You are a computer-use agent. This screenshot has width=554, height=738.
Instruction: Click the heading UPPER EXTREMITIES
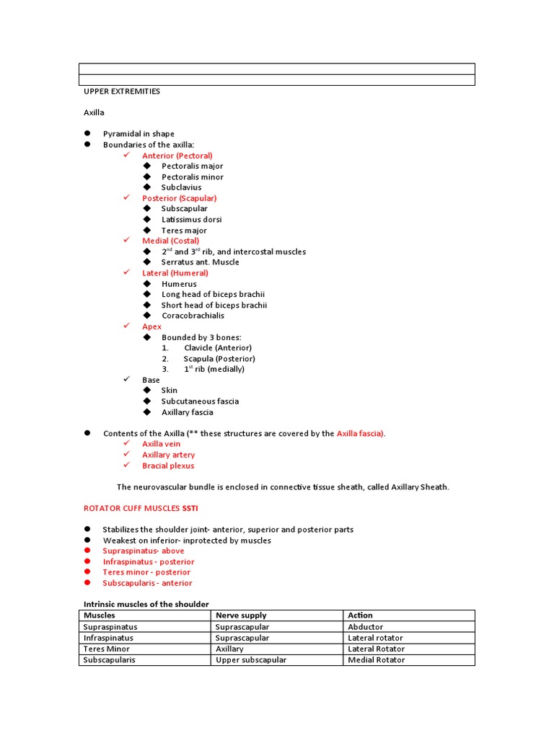pyautogui.click(x=122, y=92)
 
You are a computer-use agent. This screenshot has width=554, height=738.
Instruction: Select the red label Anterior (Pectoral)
pyautogui.click(x=177, y=156)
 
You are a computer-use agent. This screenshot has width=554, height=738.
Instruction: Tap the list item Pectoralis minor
pyautogui.click(x=192, y=177)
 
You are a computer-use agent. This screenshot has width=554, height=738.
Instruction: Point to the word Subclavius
pyautogui.click(x=181, y=187)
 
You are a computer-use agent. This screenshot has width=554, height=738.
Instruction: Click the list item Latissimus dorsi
pyautogui.click(x=191, y=219)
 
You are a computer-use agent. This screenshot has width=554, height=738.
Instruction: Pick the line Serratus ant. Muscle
pyautogui.click(x=200, y=262)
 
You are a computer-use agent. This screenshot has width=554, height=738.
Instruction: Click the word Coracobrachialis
pyautogui.click(x=193, y=316)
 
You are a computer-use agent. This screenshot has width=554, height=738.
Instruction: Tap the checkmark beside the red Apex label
pyautogui.click(x=126, y=326)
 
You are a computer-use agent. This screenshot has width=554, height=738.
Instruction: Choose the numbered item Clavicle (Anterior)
pyautogui.click(x=217, y=347)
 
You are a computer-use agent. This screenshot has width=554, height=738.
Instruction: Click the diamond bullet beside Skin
pyautogui.click(x=147, y=391)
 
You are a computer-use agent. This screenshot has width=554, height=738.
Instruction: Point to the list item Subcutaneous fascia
pyautogui.click(x=200, y=401)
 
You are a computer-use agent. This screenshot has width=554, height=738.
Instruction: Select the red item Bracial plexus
pyautogui.click(x=168, y=466)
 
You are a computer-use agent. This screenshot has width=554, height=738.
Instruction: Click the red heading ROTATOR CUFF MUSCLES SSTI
pyautogui.click(x=142, y=508)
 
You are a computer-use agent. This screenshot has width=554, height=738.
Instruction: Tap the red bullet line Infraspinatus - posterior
pyautogui.click(x=148, y=561)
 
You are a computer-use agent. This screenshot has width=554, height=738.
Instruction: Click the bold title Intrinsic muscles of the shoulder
pyautogui.click(x=146, y=604)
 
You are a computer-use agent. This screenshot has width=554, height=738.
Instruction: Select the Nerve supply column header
pyautogui.click(x=241, y=615)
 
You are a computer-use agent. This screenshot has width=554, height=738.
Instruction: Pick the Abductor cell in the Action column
pyautogui.click(x=365, y=627)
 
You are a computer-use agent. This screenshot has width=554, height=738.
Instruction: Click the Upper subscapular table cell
pyautogui.click(x=250, y=659)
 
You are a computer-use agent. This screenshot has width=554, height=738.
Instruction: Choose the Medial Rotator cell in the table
pyautogui.click(x=376, y=659)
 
